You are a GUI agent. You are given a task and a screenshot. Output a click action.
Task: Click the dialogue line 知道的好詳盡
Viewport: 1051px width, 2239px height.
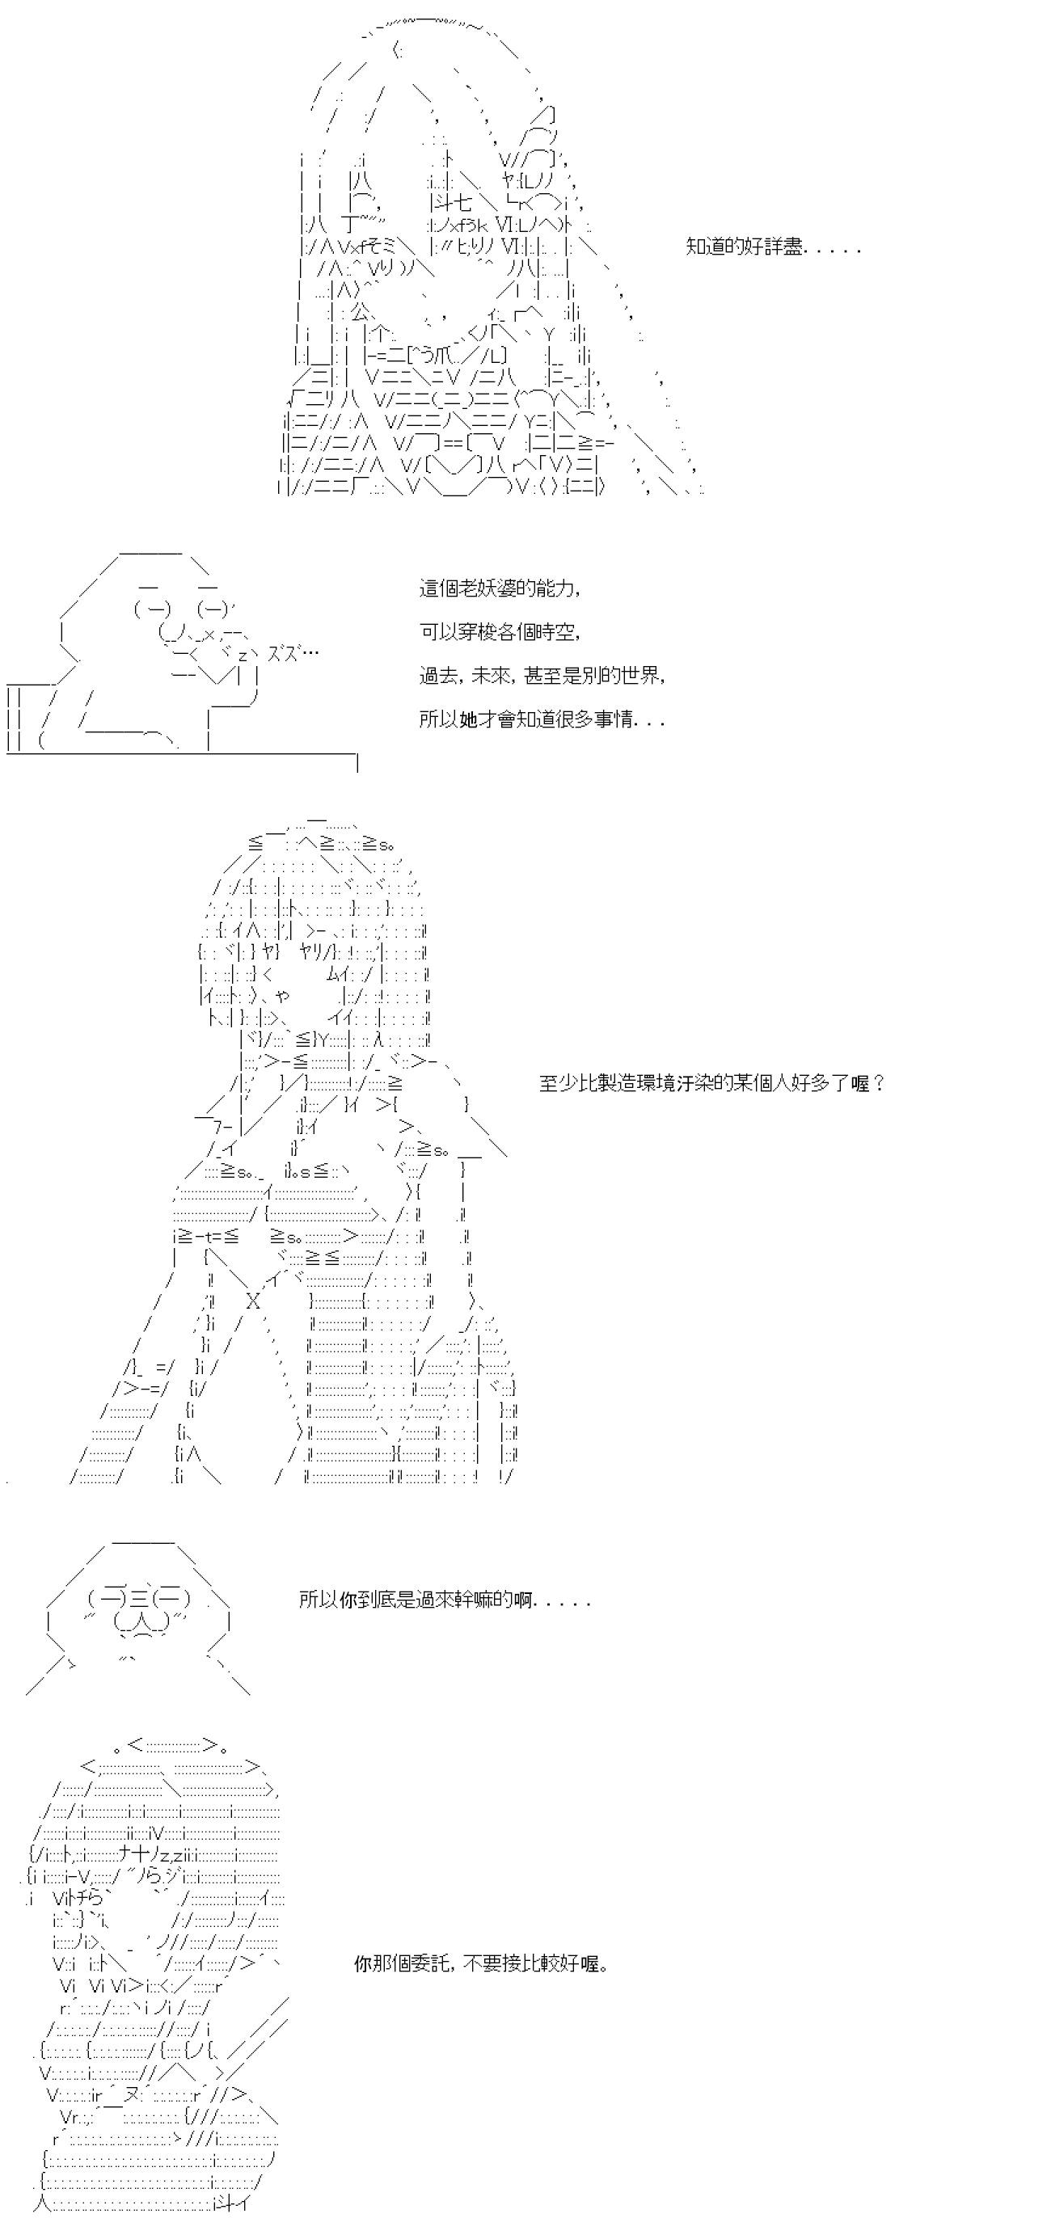pyautogui.click(x=773, y=247)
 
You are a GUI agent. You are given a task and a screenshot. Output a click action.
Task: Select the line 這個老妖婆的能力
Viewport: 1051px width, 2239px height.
pyautogui.click(x=500, y=588)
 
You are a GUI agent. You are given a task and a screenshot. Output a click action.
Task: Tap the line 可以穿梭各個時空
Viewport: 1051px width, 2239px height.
pyautogui.click(x=500, y=632)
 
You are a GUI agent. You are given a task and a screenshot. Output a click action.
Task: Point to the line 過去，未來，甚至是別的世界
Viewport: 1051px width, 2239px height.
pyautogui.click(x=542, y=676)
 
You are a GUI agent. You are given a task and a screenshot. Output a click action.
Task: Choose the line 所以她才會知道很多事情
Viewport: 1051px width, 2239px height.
pyautogui.click(x=542, y=719)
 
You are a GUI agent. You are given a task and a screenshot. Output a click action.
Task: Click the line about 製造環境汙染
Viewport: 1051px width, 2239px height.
pyautogui.click(x=712, y=1083)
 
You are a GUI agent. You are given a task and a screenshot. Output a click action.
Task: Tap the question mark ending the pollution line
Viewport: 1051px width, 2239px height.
pyautogui.click(x=878, y=1083)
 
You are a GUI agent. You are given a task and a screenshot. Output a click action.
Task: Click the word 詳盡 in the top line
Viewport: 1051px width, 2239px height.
pyautogui.click(x=782, y=247)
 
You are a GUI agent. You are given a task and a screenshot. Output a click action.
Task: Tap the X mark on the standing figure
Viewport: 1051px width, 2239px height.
pyautogui.click(x=253, y=1301)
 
